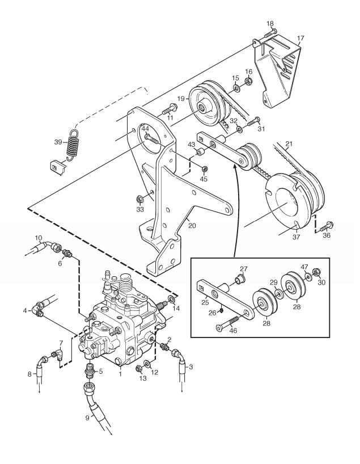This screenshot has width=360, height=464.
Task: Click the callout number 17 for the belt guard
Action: (x=300, y=39)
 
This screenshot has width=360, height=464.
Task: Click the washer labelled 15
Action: (x=236, y=88)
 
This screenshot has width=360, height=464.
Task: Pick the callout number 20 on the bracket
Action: (x=192, y=226)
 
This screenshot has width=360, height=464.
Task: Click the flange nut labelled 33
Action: (x=139, y=199)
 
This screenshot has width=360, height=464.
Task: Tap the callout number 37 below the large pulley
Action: (x=296, y=237)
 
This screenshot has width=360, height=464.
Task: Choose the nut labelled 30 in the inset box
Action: (x=315, y=271)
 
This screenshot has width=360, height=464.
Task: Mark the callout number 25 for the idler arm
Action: (x=205, y=302)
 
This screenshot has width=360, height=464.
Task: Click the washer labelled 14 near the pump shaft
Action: (x=172, y=298)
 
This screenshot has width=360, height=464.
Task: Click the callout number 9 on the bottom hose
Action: (x=87, y=418)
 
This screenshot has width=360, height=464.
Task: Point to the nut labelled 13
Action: (x=138, y=369)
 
